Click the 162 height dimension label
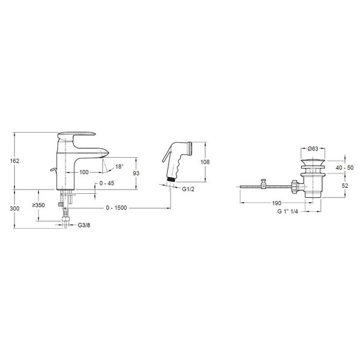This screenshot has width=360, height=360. click(14, 161)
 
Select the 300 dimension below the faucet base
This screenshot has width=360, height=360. click(14, 208)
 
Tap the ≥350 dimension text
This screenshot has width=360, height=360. click(38, 205)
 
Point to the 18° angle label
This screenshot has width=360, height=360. click(119, 166)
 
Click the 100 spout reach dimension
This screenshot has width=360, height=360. click(84, 172)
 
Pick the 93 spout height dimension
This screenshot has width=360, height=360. click(136, 173)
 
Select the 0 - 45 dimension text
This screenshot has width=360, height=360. click(107, 183)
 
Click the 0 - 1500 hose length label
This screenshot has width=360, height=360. click(116, 208)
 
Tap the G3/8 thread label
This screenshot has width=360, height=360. click(84, 225)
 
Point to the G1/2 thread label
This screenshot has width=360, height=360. click(188, 189)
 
